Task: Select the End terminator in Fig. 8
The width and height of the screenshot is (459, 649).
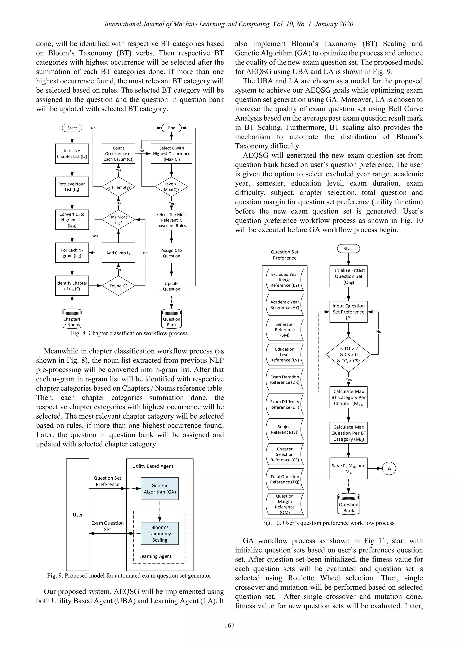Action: pyautogui.click(x=171, y=128)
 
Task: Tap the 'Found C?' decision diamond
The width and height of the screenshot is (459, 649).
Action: pyautogui.click(x=118, y=286)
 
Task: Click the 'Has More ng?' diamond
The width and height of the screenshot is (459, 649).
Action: pyautogui.click(x=118, y=220)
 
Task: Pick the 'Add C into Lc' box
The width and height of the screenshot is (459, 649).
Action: pyautogui.click(x=118, y=253)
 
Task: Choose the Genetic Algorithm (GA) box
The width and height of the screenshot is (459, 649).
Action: pyautogui.click(x=160, y=489)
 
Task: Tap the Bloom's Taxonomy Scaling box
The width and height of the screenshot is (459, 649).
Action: pyautogui.click(x=160, y=533)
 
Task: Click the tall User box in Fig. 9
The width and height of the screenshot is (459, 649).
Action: pyautogui.click(x=78, y=515)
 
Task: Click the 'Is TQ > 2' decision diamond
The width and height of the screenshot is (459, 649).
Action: pyautogui.click(x=349, y=355)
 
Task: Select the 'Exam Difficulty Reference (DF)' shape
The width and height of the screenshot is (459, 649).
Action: pyautogui.click(x=285, y=404)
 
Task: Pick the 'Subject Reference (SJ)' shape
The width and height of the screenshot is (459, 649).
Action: pyautogui.click(x=285, y=429)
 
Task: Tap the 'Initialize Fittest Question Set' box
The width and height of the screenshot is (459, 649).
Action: pyautogui.click(x=349, y=276)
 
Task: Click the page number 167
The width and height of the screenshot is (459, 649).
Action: pyautogui.click(x=229, y=625)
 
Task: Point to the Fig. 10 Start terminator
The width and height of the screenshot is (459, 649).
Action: pyautogui.click(x=349, y=249)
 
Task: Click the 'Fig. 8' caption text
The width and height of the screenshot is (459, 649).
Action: pyautogui.click(x=130, y=333)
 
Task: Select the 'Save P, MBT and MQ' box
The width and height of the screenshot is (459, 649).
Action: pyautogui.click(x=349, y=469)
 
